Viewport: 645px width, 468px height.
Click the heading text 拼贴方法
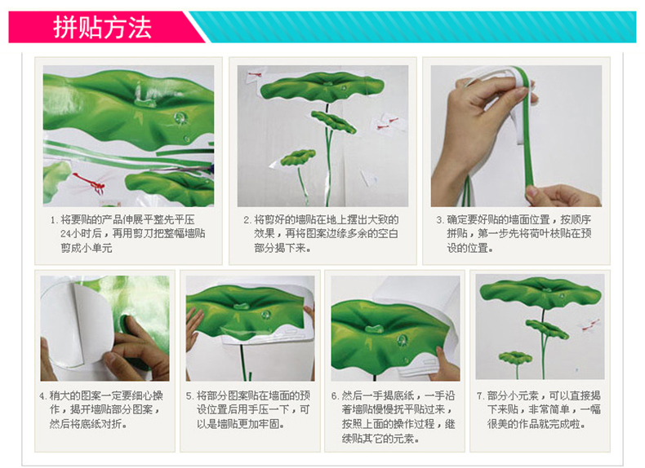(x=102, y=27)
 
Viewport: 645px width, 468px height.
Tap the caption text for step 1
(x=127, y=233)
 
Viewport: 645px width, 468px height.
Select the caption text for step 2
(x=321, y=233)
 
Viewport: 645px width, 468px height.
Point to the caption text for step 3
(x=514, y=233)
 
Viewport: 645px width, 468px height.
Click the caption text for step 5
(x=248, y=409)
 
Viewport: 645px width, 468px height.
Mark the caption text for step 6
(x=394, y=417)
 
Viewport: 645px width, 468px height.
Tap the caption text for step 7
(x=539, y=409)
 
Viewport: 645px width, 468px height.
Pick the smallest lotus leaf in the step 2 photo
(x=298, y=158)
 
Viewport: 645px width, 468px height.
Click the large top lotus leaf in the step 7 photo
(x=540, y=293)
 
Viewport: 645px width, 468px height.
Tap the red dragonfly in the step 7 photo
(x=589, y=325)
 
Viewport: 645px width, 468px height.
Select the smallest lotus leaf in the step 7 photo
(x=515, y=357)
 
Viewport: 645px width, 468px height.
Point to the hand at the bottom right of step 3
(x=563, y=196)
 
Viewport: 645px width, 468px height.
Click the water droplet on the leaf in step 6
(x=402, y=340)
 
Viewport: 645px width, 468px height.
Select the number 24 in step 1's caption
(x=66, y=234)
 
